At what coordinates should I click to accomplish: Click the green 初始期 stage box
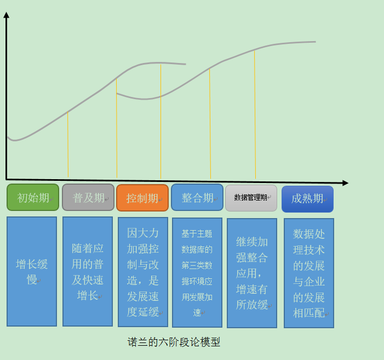click(x=33, y=197)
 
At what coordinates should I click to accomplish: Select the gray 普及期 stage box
click(x=88, y=197)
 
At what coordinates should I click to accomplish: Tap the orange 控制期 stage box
click(x=142, y=198)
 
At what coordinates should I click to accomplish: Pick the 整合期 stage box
click(x=197, y=197)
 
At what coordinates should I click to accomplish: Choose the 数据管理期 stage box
click(x=251, y=198)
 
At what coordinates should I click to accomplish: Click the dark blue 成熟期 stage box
click(x=308, y=199)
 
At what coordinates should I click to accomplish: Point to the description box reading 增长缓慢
click(x=32, y=271)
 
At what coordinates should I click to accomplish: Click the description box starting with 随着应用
click(x=88, y=271)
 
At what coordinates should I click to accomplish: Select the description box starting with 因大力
click(x=143, y=272)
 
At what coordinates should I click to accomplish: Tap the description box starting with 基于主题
click(x=197, y=272)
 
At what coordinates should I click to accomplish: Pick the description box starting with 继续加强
click(x=252, y=273)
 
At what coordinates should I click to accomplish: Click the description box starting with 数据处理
click(x=309, y=273)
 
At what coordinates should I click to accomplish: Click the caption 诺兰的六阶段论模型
click(x=174, y=342)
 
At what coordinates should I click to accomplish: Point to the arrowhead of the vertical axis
click(x=7, y=15)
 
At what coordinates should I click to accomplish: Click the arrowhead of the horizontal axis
click(x=345, y=183)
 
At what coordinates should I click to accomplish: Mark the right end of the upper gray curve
click(x=316, y=42)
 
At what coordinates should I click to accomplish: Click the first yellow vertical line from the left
click(x=68, y=144)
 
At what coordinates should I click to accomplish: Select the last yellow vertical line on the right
click(x=255, y=115)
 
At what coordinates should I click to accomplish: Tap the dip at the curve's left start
click(x=14, y=141)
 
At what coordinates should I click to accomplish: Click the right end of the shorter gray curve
click(x=186, y=64)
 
